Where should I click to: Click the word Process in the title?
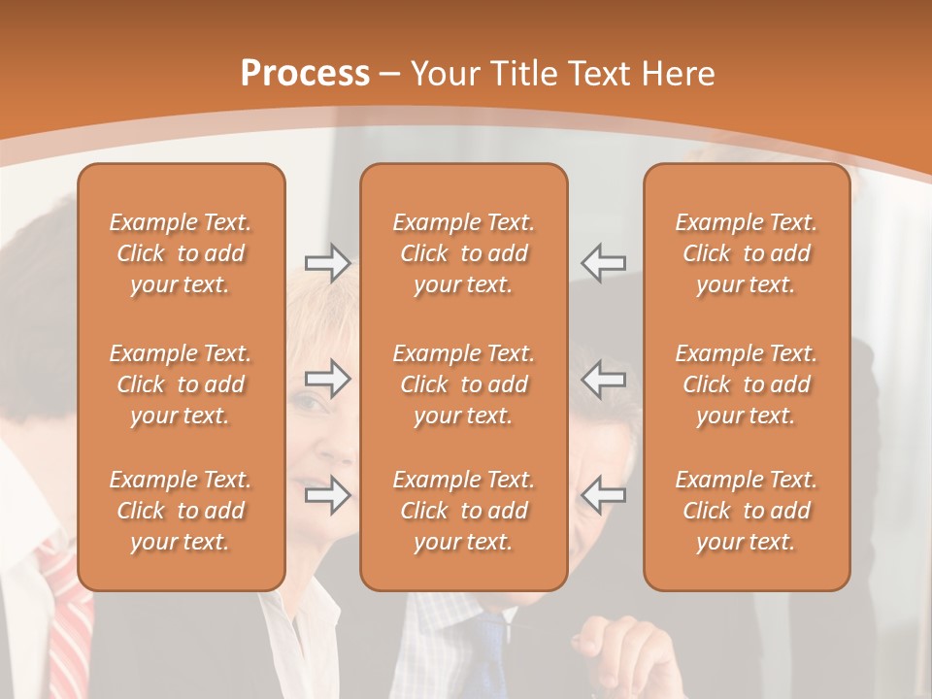click(x=305, y=74)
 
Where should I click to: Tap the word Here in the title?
click(x=680, y=74)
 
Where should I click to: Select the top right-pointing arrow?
click(x=328, y=263)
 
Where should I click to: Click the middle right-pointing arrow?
click(x=328, y=379)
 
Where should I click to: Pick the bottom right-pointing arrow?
click(x=328, y=495)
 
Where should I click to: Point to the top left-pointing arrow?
click(x=603, y=263)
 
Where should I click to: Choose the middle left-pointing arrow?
click(x=603, y=379)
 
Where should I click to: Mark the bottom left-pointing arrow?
click(x=603, y=495)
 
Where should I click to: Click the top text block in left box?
click(x=181, y=253)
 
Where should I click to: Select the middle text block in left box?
click(x=181, y=384)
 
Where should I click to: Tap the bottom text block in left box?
click(x=181, y=511)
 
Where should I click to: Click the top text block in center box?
click(x=463, y=253)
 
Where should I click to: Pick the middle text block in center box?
click(x=463, y=384)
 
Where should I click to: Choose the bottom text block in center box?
click(x=463, y=511)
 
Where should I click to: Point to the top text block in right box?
click(x=747, y=253)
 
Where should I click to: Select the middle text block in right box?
click(x=747, y=384)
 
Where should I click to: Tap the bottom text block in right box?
click(x=747, y=511)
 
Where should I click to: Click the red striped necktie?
click(x=68, y=621)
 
